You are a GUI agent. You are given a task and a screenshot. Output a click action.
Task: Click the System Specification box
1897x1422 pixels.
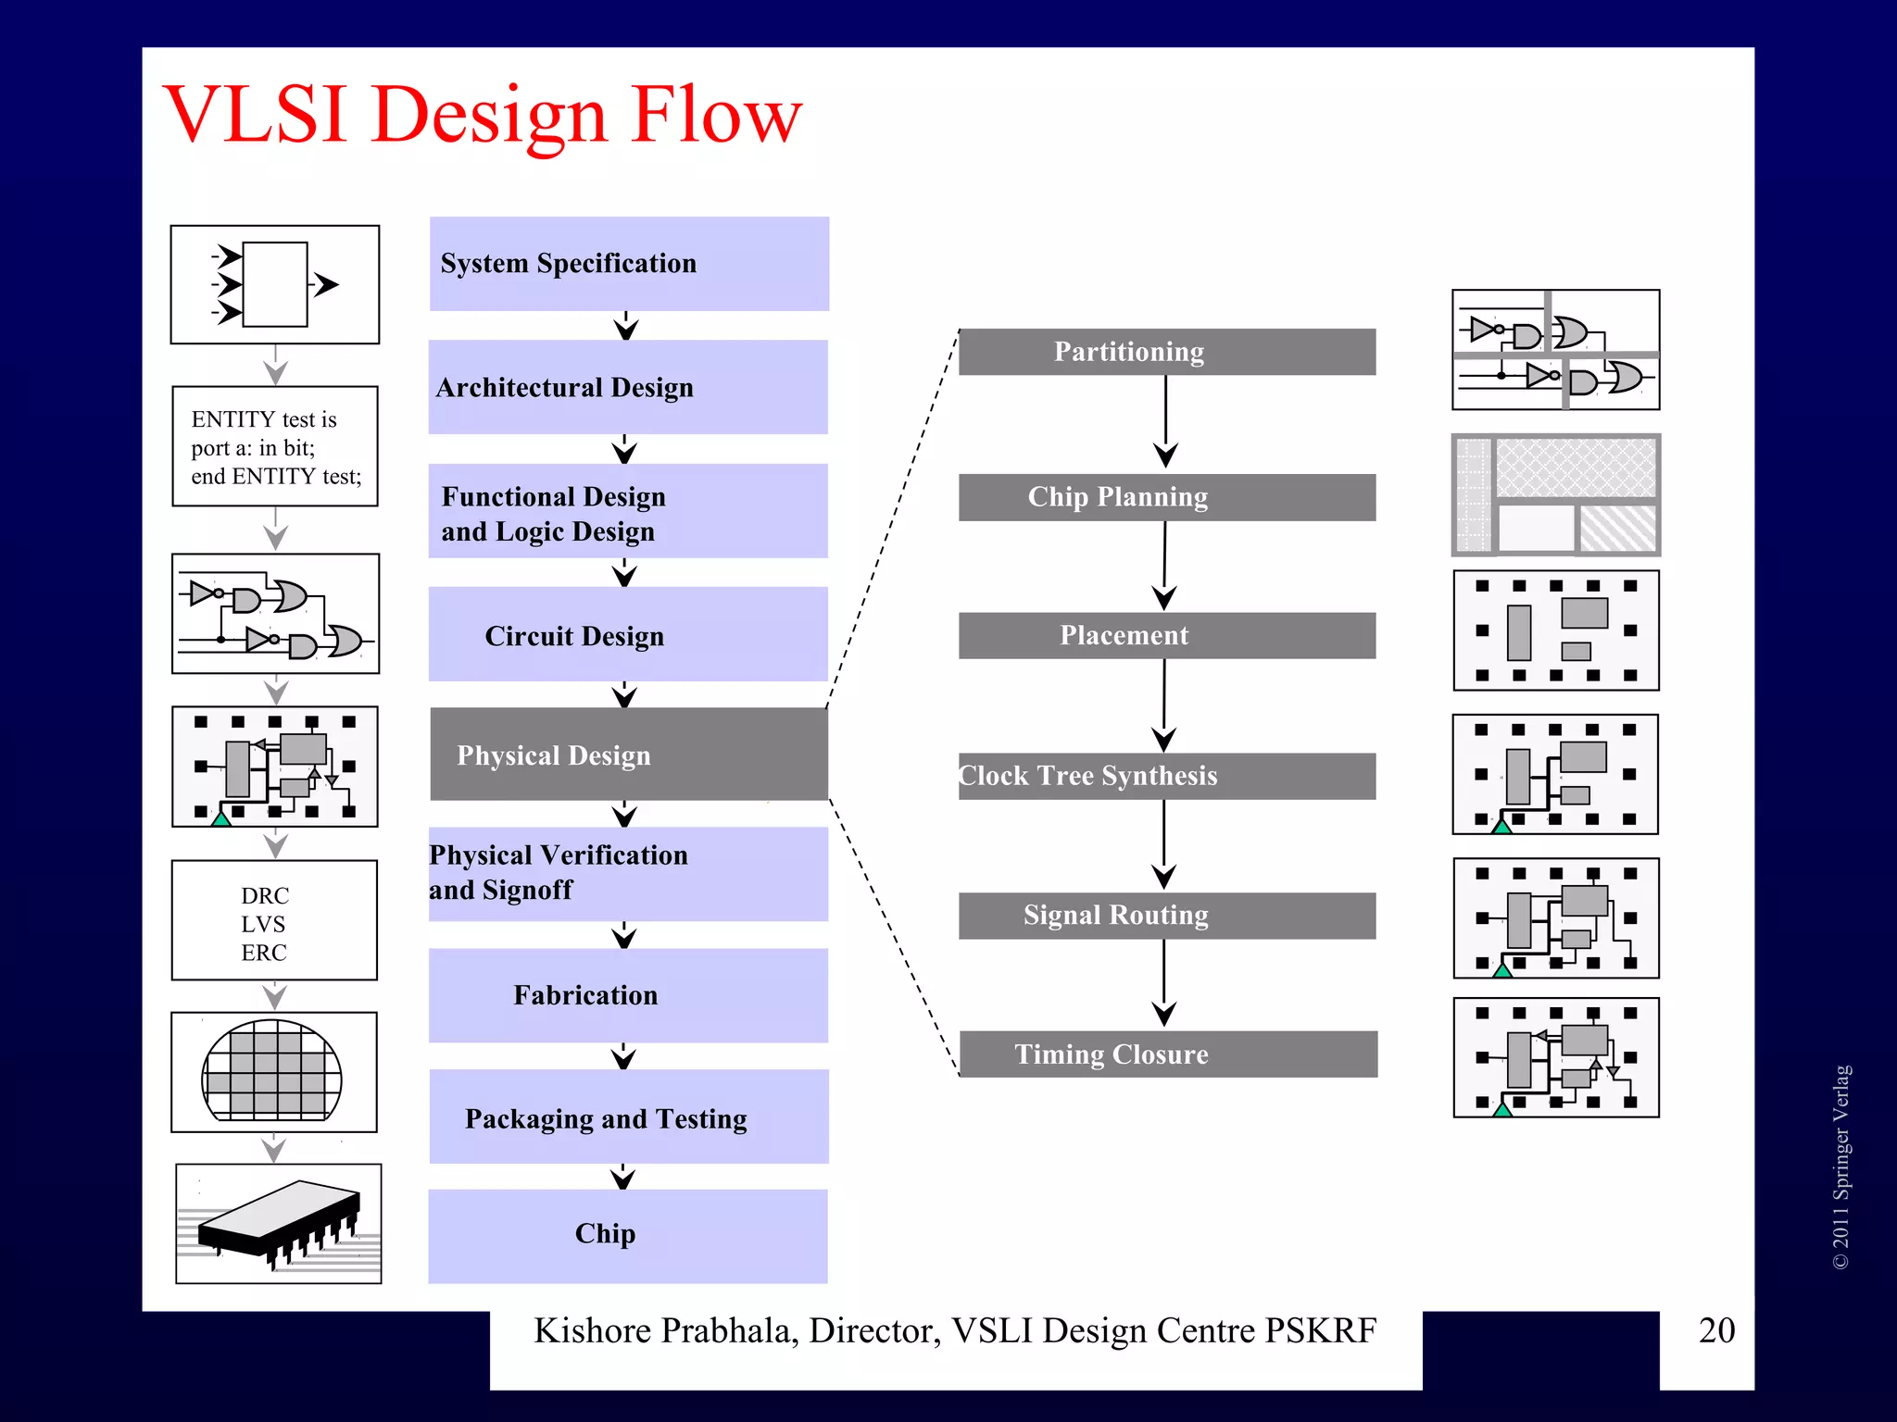pos(628,264)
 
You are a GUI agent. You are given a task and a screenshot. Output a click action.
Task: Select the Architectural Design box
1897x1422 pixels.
pos(628,387)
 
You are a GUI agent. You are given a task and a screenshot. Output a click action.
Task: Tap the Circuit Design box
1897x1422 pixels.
pos(628,635)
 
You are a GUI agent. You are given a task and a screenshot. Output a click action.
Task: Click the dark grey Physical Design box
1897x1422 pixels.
pos(628,755)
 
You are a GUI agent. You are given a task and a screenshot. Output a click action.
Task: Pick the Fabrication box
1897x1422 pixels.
pos(628,995)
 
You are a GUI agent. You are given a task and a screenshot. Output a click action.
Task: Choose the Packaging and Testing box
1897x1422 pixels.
pos(628,1117)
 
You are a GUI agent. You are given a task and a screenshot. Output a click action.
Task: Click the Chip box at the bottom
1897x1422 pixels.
pos(628,1235)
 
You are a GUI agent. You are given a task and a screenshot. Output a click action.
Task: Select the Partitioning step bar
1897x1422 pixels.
pos(1166,352)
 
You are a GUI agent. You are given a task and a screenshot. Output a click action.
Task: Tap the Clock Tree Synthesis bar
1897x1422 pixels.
pos(1166,776)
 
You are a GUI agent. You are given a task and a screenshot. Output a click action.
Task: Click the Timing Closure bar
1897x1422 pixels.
pos(1167,1054)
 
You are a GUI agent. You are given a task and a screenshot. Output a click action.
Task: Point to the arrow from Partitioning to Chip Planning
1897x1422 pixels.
pos(1165,421)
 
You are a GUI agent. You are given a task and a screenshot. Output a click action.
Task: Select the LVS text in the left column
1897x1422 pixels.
pos(263,924)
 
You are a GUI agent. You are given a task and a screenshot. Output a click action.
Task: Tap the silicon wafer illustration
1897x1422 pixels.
pos(272,1071)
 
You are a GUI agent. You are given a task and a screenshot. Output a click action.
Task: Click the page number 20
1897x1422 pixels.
pos(1715,1330)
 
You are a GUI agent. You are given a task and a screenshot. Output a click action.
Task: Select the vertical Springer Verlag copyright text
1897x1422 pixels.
pos(1840,1166)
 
